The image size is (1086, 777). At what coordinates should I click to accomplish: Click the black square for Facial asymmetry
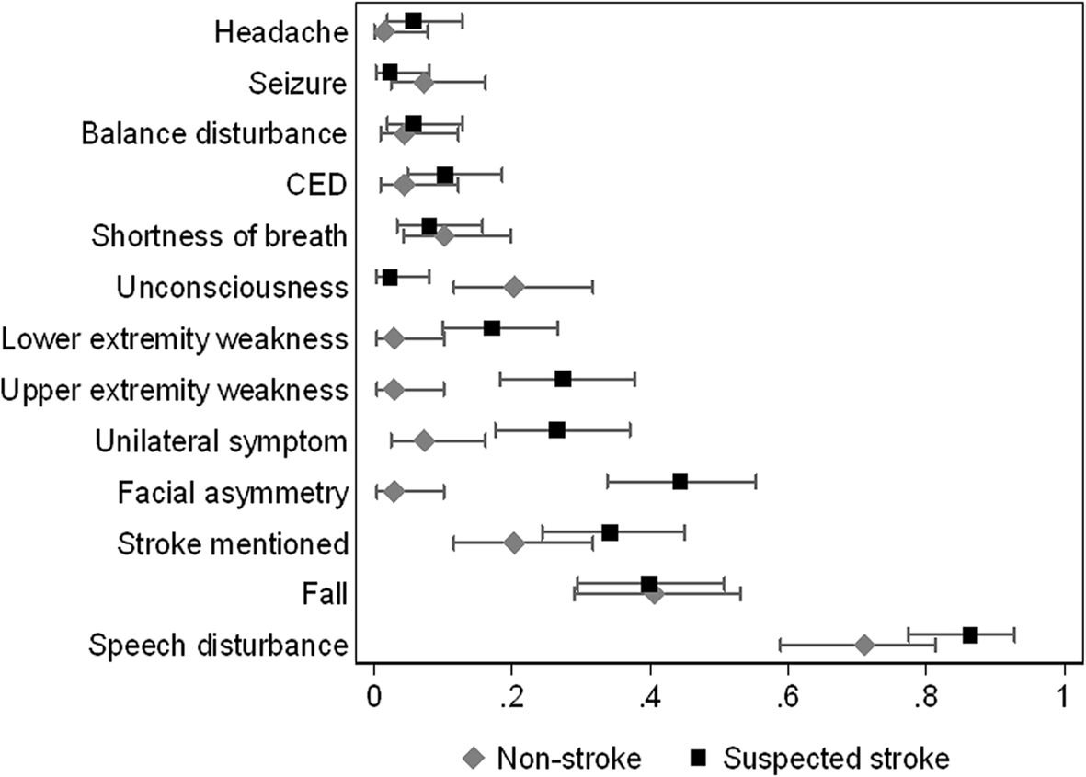(680, 481)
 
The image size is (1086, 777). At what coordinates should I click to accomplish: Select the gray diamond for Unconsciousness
(514, 288)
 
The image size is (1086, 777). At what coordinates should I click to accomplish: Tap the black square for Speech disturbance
(969, 634)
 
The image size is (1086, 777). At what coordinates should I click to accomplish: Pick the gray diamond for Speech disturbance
(863, 645)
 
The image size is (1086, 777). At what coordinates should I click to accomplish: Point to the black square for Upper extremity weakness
(563, 379)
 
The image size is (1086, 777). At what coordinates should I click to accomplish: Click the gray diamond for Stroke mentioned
(514, 543)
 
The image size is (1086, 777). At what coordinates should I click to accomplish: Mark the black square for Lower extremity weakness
(492, 328)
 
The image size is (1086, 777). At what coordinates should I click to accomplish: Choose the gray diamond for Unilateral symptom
(424, 440)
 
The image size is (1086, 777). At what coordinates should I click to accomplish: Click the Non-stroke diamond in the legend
(474, 758)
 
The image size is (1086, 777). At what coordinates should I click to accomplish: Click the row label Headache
(280, 33)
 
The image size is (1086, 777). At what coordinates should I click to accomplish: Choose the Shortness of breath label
(219, 236)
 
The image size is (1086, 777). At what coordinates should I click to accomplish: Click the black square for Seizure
(390, 72)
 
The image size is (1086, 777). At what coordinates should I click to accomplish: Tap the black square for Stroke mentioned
(609, 532)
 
